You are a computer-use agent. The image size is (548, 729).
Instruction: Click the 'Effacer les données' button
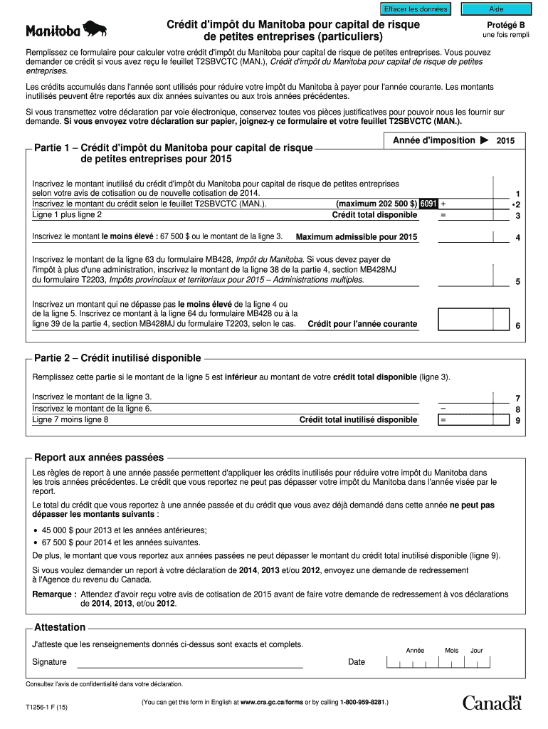point(416,9)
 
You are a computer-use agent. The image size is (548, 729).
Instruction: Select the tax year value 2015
point(505,142)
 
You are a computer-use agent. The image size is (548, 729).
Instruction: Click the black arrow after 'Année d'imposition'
point(484,141)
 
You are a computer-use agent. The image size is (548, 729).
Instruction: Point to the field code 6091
point(428,204)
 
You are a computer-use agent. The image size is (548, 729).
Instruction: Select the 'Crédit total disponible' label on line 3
point(374,215)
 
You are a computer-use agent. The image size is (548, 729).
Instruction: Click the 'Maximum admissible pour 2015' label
point(357,237)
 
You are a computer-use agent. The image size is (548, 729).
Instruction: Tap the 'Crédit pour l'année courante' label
point(362,325)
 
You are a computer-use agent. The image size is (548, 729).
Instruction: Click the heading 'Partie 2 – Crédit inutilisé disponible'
point(117,358)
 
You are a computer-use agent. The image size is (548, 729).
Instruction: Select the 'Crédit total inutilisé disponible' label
point(358,420)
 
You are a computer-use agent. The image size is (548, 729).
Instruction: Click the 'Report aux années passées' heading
point(99,457)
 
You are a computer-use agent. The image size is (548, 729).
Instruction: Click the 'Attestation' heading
point(60,627)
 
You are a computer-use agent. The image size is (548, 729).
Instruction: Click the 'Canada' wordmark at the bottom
point(492,703)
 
